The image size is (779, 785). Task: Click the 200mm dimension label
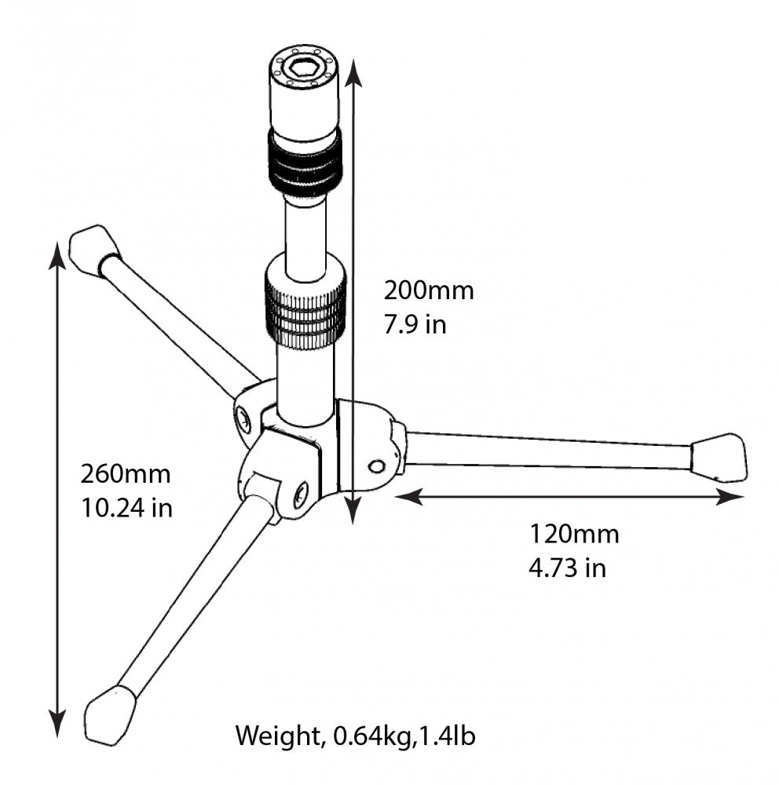[428, 290]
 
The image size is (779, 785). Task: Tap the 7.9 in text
[415, 324]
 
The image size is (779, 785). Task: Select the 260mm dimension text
[126, 474]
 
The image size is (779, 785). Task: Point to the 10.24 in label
[126, 508]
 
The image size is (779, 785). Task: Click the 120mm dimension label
[574, 535]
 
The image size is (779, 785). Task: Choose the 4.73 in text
[567, 568]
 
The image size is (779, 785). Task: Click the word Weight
[276, 736]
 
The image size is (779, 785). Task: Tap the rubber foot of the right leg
[719, 457]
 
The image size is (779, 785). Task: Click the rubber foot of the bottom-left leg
[109, 714]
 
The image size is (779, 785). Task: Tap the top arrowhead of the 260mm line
[57, 254]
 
